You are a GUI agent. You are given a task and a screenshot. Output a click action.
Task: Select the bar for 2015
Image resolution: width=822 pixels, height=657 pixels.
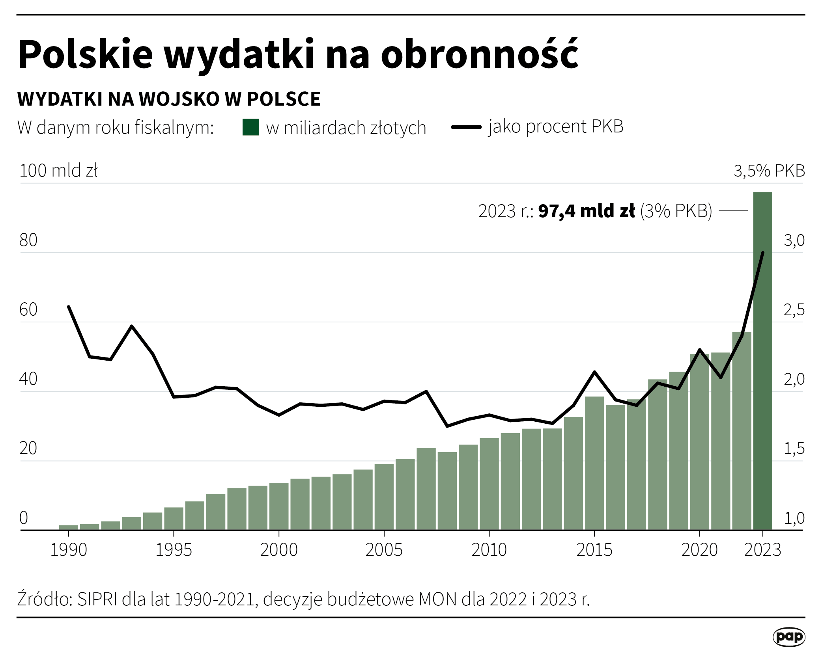pyautogui.click(x=594, y=465)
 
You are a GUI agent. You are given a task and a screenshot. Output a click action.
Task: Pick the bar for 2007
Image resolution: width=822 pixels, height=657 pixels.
pyautogui.click(x=426, y=491)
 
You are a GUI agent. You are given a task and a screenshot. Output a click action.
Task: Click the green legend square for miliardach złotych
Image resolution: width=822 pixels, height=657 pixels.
pyautogui.click(x=250, y=127)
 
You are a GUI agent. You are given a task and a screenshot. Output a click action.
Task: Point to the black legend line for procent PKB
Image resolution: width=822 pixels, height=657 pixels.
pyautogui.click(x=466, y=127)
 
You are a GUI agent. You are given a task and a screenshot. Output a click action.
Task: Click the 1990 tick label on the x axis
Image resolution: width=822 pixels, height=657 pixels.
pyautogui.click(x=69, y=550)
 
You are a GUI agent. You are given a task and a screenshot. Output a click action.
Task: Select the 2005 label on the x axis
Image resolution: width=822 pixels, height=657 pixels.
pyautogui.click(x=384, y=550)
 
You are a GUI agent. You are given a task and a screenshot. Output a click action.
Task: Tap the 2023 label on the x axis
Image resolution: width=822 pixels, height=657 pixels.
pyautogui.click(x=762, y=550)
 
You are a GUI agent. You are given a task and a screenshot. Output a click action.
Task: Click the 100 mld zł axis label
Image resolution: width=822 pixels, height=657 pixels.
pyautogui.click(x=58, y=171)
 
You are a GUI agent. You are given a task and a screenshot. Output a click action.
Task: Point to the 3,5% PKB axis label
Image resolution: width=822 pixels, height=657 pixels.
pyautogui.click(x=769, y=171)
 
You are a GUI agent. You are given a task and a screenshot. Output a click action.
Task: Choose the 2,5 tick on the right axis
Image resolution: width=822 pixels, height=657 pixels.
pyautogui.click(x=794, y=310)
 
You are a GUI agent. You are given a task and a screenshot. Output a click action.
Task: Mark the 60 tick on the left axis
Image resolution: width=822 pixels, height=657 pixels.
pyautogui.click(x=28, y=310)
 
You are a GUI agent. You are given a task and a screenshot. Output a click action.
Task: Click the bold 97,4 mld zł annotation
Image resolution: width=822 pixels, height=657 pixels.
pyautogui.click(x=586, y=211)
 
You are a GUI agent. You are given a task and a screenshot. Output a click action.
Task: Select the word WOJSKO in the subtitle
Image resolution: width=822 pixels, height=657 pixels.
pyautogui.click(x=179, y=99)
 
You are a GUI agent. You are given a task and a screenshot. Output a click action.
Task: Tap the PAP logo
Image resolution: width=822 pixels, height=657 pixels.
pyautogui.click(x=788, y=637)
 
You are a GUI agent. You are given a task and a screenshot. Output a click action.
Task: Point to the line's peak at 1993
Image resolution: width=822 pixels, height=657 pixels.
pyautogui.click(x=132, y=326)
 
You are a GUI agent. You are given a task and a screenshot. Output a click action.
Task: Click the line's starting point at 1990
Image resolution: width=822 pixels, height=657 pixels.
pyautogui.click(x=69, y=307)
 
